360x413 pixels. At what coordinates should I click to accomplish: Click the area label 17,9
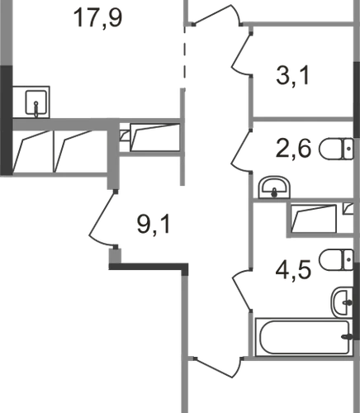point(98,18)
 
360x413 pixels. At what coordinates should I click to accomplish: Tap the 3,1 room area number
point(293,76)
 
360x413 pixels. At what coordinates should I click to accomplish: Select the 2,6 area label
point(293,148)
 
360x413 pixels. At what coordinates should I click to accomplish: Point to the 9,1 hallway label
point(154,225)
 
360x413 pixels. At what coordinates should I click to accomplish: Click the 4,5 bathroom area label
point(293,268)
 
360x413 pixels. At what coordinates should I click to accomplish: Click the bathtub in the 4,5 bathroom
point(304,337)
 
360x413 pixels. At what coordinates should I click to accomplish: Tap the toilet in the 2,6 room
point(336,149)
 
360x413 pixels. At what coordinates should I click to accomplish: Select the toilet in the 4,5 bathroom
point(336,260)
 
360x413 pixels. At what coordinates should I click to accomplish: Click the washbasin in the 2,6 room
point(274,188)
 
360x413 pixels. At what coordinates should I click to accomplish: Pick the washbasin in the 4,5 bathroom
point(342,302)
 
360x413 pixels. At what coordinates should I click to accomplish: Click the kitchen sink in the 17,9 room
point(36,102)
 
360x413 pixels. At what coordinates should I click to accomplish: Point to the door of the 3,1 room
point(242,54)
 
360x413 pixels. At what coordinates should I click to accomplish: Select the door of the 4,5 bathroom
point(242,291)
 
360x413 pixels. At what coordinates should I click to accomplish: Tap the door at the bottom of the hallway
point(217,368)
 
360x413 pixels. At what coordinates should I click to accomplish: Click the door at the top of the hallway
point(217,15)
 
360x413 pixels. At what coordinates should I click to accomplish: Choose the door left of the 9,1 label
point(102,218)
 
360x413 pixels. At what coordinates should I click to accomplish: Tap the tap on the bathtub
point(348,336)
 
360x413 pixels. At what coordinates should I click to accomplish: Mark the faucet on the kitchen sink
point(36,108)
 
